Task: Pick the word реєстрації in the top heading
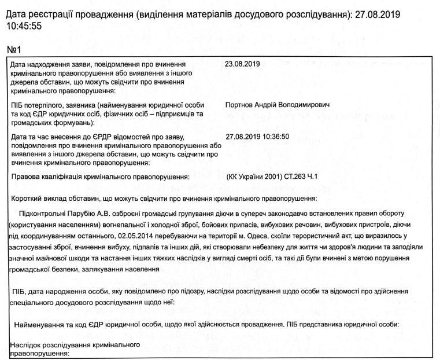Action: [x=61, y=13]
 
